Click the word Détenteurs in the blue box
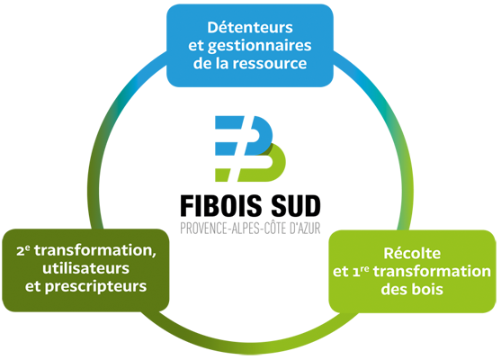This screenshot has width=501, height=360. (250, 27)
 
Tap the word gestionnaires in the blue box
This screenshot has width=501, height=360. (259, 47)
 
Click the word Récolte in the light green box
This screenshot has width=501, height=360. (412, 253)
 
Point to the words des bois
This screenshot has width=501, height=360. (412, 289)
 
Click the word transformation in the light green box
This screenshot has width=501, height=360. (432, 272)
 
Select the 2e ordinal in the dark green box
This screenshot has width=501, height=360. (23, 251)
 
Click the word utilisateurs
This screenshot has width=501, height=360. (86, 268)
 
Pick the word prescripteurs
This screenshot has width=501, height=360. (95, 287)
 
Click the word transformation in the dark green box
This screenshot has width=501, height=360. (95, 251)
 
